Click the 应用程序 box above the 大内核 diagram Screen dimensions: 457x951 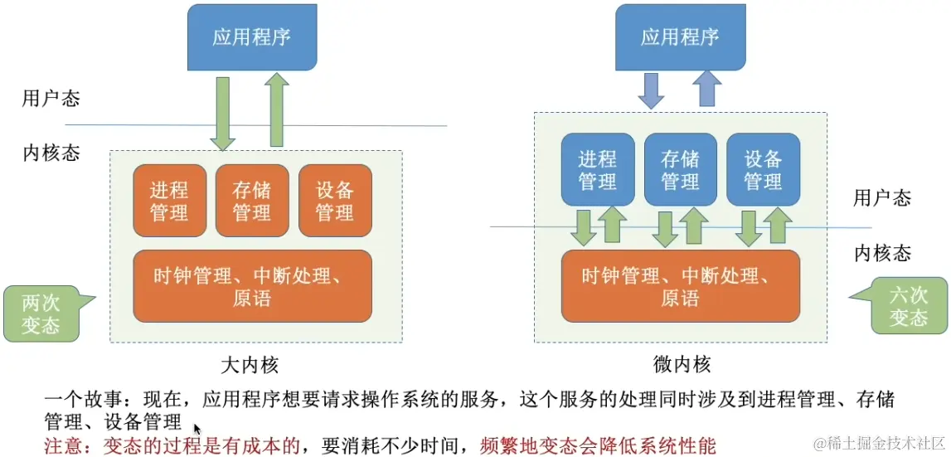coord(251,37)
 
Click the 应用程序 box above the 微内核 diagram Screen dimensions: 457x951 coord(680,37)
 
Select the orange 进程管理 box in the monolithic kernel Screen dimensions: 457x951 coord(169,201)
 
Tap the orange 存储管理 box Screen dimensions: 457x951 coord(252,201)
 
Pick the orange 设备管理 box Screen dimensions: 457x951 coord(335,201)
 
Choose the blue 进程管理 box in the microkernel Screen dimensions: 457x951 coord(598,169)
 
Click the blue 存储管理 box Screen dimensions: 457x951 coord(681,169)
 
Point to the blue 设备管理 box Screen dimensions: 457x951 coord(763,169)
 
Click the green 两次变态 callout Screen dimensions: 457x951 coord(41,314)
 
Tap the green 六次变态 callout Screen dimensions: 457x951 coord(909,305)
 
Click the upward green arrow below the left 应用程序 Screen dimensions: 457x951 coord(279,108)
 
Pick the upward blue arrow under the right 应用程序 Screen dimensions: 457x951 coord(708,89)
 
